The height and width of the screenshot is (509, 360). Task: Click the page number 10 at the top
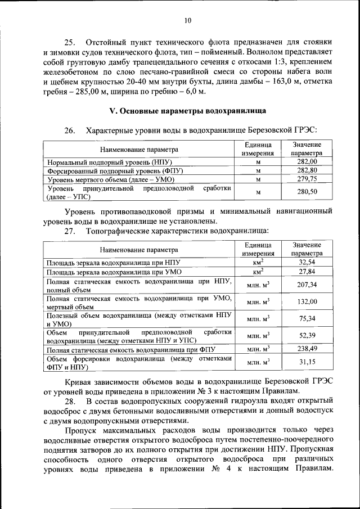pos(188,21)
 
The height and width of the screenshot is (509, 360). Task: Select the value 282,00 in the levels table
pos(307,162)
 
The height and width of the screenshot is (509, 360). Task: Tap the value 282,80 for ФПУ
pos(307,170)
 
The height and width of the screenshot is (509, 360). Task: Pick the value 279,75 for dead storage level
pos(307,179)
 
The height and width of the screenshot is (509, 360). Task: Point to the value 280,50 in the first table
pos(307,192)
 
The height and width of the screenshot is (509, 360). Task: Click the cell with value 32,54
pos(307,263)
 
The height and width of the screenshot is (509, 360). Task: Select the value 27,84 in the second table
pos(307,271)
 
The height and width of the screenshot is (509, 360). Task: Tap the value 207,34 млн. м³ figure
pos(307,285)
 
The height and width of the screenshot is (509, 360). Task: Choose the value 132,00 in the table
pos(307,301)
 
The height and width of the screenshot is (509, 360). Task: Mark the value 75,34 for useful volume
pos(307,319)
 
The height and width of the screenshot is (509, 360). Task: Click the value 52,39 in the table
pos(307,336)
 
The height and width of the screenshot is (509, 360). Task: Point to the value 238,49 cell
pos(307,349)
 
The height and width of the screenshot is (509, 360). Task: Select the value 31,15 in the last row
pos(307,362)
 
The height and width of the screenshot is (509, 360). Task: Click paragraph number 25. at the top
pos(70,43)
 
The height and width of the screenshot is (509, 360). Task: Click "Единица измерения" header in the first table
pos(258,148)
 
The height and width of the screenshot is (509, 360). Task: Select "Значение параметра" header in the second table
pos(307,249)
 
